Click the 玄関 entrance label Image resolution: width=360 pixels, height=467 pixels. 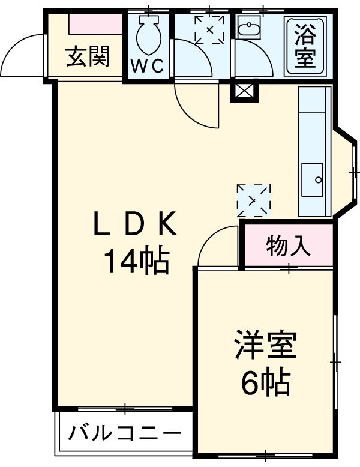[88, 58]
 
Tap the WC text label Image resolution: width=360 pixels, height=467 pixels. [148, 67]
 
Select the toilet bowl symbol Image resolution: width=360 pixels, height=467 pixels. [148, 35]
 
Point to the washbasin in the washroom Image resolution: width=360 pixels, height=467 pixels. [247, 28]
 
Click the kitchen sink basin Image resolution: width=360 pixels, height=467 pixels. [312, 179]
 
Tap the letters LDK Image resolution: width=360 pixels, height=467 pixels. [135, 226]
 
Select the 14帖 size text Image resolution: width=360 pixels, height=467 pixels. [136, 261]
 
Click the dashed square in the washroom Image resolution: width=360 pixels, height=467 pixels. [209, 30]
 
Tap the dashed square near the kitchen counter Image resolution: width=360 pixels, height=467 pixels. [253, 200]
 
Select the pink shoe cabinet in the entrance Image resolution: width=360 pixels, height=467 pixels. [95, 25]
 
